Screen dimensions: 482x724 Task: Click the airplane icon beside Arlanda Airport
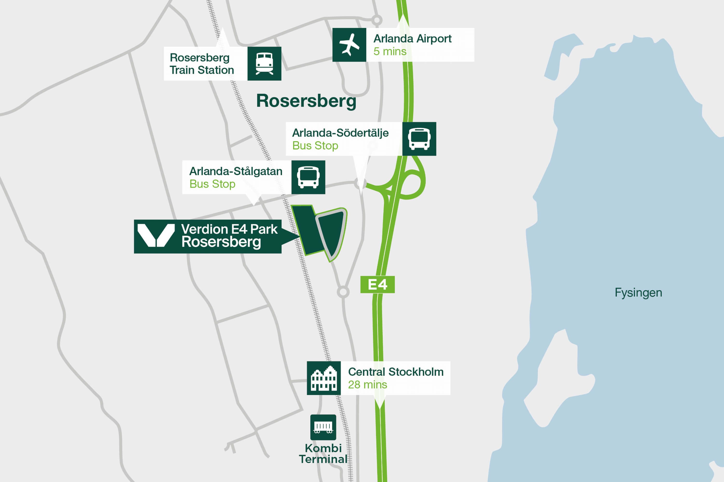[x=349, y=45]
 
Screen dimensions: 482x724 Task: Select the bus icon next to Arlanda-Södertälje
[x=419, y=139]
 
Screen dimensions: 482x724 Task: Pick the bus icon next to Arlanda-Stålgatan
[x=308, y=177]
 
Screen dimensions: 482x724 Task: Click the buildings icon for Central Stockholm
[x=324, y=378]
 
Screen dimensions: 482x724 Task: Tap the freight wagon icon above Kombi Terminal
[x=323, y=427]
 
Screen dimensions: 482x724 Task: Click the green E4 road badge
[x=377, y=284]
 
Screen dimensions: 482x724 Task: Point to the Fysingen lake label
[x=638, y=292]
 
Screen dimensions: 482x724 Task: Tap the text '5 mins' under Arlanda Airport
[x=390, y=51]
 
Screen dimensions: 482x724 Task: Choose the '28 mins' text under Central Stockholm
[x=367, y=385]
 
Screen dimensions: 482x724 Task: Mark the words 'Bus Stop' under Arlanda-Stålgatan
[x=212, y=184]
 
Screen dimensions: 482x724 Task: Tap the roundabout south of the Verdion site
[x=343, y=292]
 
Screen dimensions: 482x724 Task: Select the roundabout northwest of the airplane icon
[x=376, y=20]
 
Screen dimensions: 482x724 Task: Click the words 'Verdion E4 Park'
[x=229, y=229]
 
